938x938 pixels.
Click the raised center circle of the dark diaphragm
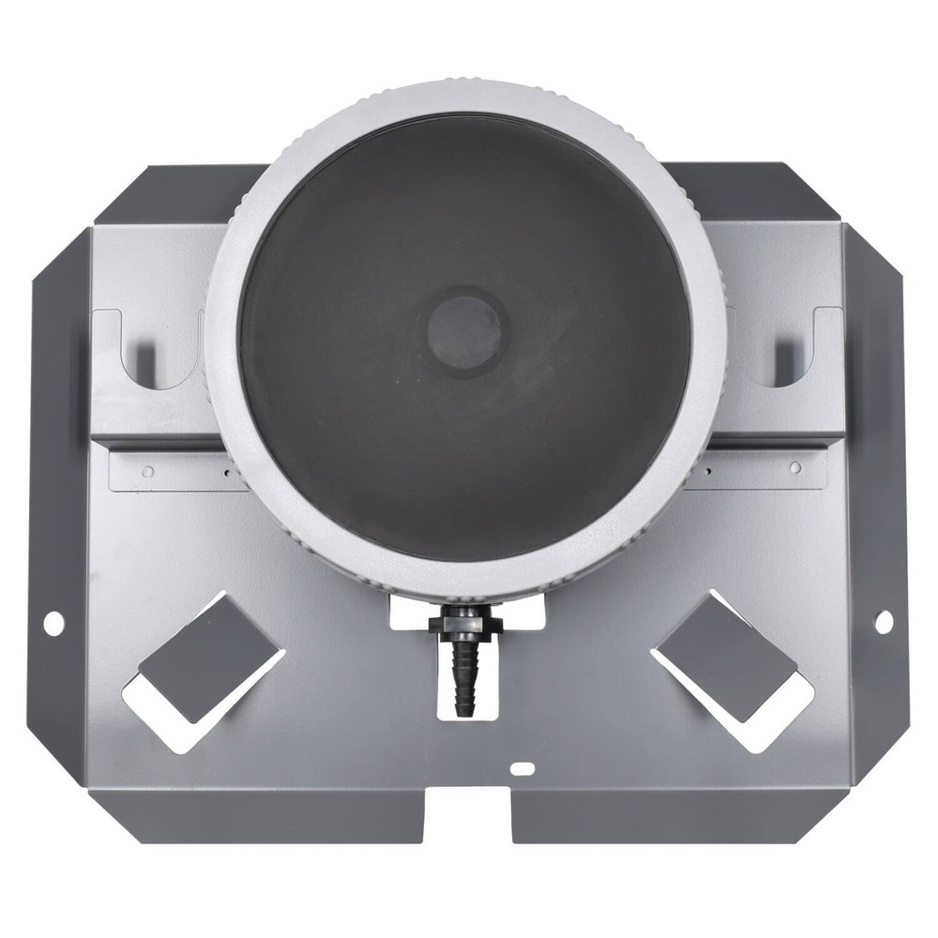coord(463,330)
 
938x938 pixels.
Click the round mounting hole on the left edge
coord(53,621)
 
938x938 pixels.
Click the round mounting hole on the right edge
coord(883,620)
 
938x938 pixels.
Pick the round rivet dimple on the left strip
coord(147,473)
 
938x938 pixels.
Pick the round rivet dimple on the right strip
coord(794,467)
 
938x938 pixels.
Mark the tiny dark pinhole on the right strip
coord(709,473)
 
